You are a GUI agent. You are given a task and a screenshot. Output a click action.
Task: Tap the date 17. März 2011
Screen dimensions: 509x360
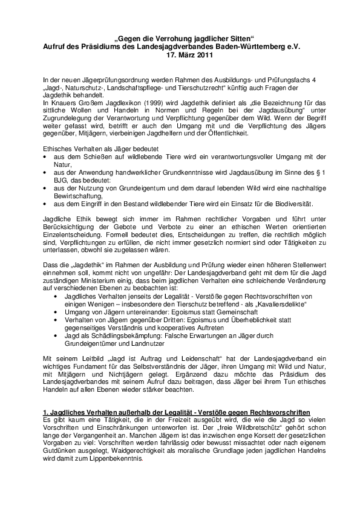(x=180, y=54)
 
